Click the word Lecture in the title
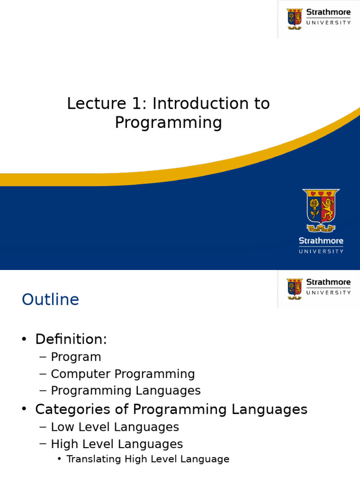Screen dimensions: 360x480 (97, 103)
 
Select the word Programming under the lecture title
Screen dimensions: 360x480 (168, 123)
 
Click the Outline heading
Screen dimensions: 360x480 (51, 299)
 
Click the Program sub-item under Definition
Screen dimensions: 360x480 (76, 357)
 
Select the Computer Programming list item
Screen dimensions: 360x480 (123, 374)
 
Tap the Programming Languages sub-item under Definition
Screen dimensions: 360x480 (126, 391)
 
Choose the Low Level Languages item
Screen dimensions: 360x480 (115, 427)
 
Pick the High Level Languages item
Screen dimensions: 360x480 (117, 444)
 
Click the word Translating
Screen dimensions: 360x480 (94, 459)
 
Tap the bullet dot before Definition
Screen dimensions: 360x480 (24, 339)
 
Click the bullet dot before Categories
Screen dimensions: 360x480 (24, 409)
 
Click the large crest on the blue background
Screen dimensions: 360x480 (321, 210)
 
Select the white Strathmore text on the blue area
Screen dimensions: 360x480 (321, 241)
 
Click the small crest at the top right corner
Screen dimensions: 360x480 (294, 19)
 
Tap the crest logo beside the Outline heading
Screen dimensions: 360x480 (294, 289)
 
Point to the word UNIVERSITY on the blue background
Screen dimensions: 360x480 (321, 251)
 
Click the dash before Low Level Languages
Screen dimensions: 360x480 (43, 427)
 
